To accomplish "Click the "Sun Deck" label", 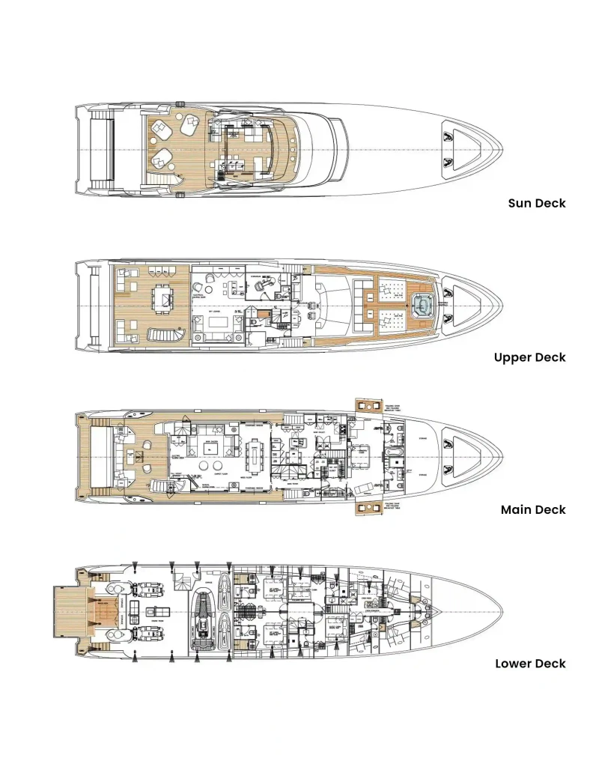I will (x=536, y=203).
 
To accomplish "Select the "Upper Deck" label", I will (x=529, y=357).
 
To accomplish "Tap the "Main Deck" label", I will (x=533, y=510).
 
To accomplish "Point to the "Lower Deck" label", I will (x=530, y=664).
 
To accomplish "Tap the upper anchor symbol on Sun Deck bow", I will (x=448, y=136).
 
